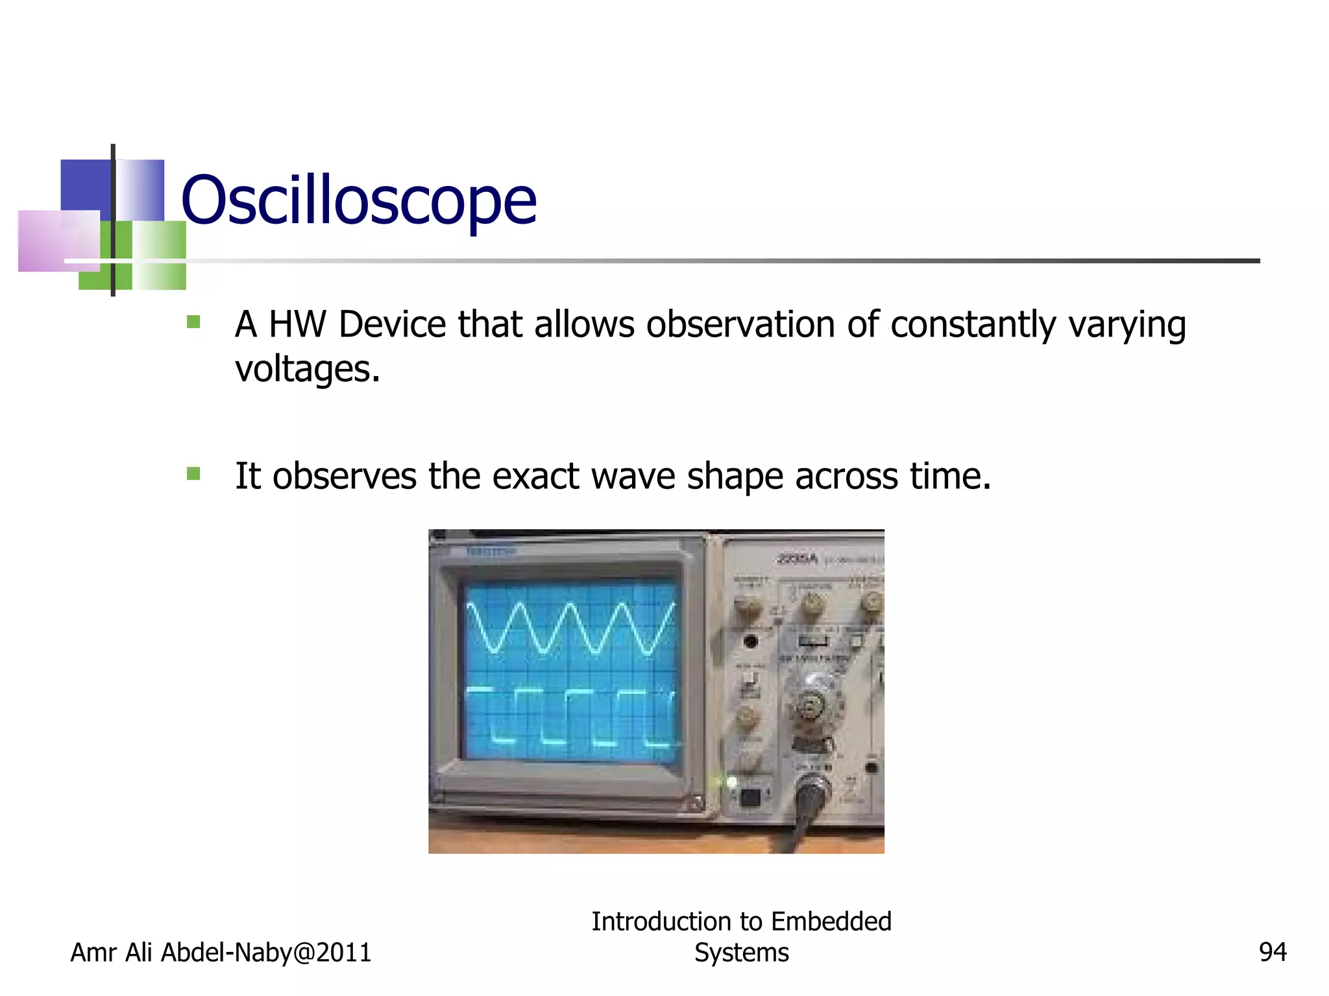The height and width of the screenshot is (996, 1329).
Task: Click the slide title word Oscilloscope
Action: (x=359, y=200)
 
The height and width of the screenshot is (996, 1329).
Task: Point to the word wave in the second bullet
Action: (x=633, y=477)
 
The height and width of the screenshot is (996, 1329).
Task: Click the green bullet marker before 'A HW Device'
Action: (x=193, y=322)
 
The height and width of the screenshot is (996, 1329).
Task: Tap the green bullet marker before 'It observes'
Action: (x=193, y=474)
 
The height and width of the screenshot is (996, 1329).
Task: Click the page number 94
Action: (x=1272, y=953)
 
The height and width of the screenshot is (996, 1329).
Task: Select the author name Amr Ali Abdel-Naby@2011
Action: (x=221, y=953)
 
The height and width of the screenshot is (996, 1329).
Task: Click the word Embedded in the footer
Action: (x=831, y=921)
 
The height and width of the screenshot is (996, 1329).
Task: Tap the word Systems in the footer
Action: (x=741, y=953)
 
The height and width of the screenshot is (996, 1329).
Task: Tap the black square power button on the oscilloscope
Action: (x=750, y=797)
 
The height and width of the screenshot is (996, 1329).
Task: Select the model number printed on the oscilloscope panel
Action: (x=797, y=558)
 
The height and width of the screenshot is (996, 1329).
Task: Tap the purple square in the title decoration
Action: (x=58, y=241)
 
